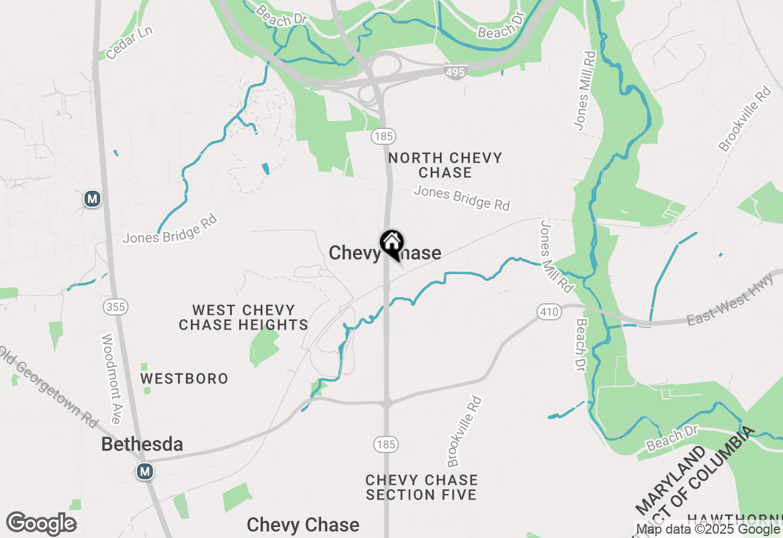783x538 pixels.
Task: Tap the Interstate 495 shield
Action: point(456,73)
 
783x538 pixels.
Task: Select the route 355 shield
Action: point(116,307)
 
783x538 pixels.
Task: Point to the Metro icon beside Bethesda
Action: point(145,471)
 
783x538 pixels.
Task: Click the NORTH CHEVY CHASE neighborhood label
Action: point(445,165)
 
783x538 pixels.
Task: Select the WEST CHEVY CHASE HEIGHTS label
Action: point(243,317)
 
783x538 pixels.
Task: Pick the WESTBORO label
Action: point(184,379)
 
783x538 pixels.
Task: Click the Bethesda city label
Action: point(142,444)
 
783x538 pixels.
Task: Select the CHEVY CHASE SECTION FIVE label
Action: point(421,487)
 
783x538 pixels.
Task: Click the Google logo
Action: point(42,524)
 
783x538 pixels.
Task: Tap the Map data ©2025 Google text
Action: point(708,529)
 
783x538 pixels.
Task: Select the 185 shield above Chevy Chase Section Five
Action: point(386,444)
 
